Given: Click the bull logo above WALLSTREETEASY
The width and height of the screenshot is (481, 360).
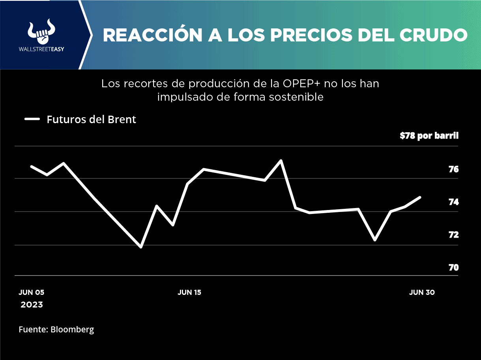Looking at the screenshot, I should pyautogui.click(x=41, y=31).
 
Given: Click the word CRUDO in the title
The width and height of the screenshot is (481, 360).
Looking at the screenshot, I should pyautogui.click(x=434, y=35).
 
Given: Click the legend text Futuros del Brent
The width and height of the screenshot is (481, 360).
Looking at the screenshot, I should pyautogui.click(x=91, y=120).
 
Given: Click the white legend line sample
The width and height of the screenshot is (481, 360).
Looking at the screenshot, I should pyautogui.click(x=32, y=119).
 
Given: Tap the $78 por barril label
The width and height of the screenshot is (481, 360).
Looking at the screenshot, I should pyautogui.click(x=429, y=136).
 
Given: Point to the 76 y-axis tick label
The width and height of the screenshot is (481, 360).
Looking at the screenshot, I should pyautogui.click(x=453, y=169).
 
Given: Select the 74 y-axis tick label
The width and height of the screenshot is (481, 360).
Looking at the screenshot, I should pyautogui.click(x=453, y=202).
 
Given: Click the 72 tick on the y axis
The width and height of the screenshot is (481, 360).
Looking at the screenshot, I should pyautogui.click(x=453, y=235).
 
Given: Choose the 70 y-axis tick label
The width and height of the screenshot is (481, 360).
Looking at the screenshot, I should pyautogui.click(x=453, y=268).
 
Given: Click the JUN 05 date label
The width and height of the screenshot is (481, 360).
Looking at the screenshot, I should pyautogui.click(x=32, y=292).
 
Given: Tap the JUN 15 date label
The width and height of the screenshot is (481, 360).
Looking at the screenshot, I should pyautogui.click(x=189, y=292).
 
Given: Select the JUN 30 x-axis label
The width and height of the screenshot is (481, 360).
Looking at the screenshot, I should pyautogui.click(x=422, y=292).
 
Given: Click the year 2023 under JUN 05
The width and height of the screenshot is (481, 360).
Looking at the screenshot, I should pyautogui.click(x=32, y=305).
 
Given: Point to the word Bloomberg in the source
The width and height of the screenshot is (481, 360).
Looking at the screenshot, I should pyautogui.click(x=72, y=329).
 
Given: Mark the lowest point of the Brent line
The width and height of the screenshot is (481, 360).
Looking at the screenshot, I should pyautogui.click(x=140, y=247).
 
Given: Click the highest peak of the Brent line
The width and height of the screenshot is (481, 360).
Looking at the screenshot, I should pyautogui.click(x=281, y=161).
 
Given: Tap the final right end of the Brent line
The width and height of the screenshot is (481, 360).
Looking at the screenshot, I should pyautogui.click(x=420, y=197).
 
